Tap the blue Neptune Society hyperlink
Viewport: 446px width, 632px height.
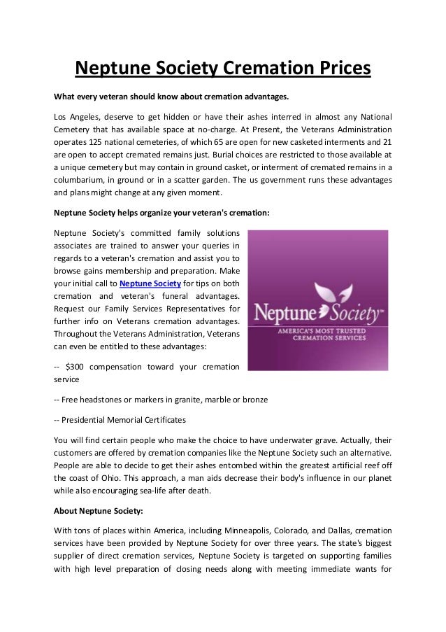[150, 283]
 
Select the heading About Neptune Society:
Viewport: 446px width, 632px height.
[98, 510]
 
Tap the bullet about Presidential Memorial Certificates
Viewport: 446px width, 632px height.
[120, 420]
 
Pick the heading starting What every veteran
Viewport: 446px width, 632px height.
[171, 96]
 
